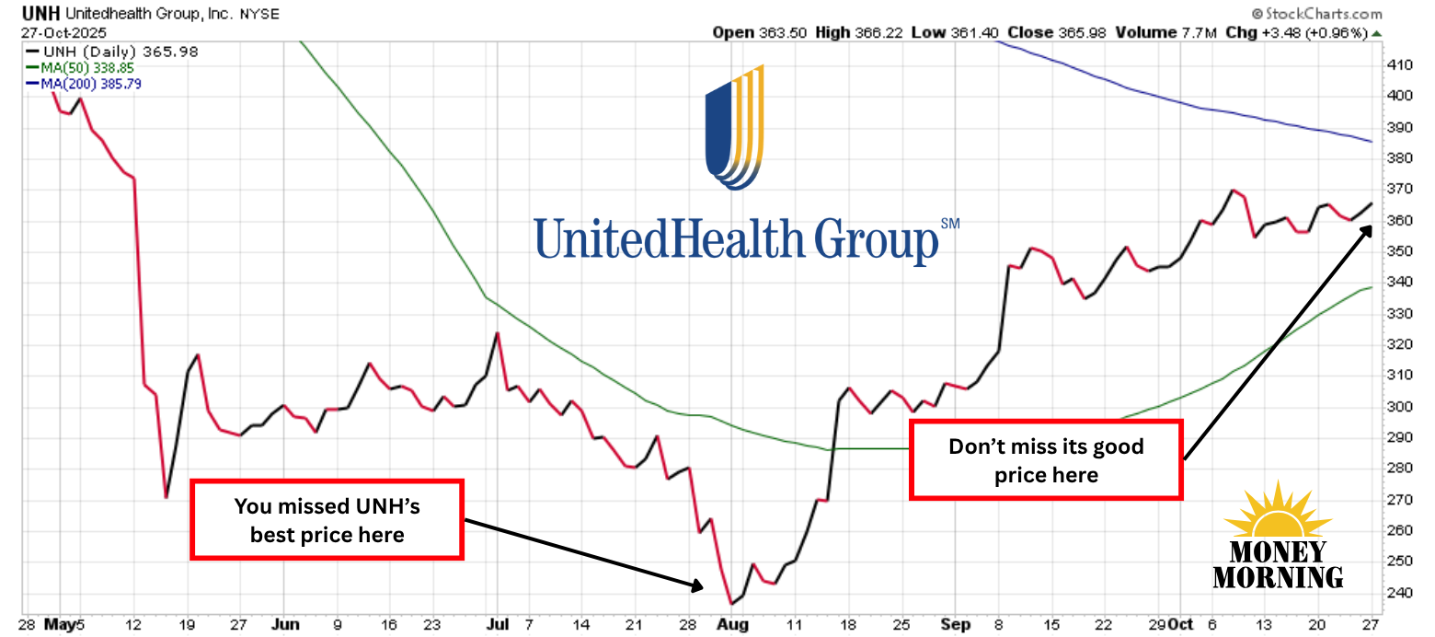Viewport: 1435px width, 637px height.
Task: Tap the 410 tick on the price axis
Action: pos(1400,64)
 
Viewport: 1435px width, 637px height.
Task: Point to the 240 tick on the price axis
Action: pos(1400,593)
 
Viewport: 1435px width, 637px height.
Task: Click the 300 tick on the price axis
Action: pos(1400,407)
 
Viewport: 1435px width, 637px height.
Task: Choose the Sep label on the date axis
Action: pos(957,624)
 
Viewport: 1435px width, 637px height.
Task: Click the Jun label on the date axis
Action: pos(287,624)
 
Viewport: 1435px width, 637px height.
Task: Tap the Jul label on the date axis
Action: pos(497,624)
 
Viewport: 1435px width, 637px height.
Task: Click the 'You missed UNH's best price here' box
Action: pos(327,519)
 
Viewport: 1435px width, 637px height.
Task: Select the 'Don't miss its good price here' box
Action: pos(1046,460)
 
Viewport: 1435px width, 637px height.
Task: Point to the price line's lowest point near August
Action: pos(730,603)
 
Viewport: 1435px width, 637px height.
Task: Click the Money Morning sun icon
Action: pos(1277,516)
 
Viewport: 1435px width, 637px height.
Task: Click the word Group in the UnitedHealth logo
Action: pos(877,239)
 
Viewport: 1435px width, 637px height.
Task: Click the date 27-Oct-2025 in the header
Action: pos(63,32)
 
